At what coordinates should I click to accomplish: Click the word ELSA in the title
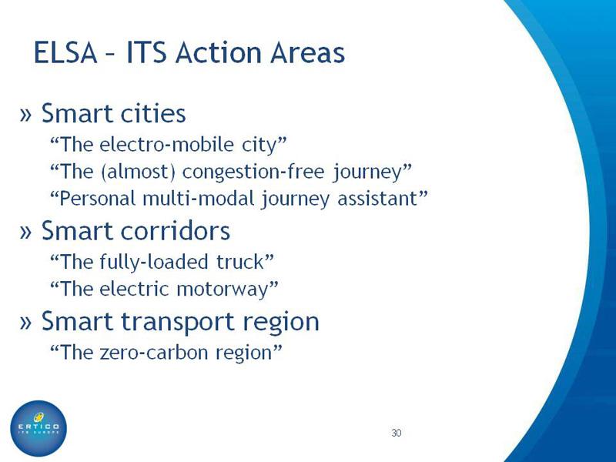pos(65,52)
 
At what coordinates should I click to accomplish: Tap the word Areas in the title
pos(307,52)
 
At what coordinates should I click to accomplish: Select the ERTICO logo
pos(38,428)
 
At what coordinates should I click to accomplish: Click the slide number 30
pos(396,433)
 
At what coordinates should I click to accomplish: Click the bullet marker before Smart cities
pos(25,114)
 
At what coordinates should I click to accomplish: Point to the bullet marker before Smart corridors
pos(25,232)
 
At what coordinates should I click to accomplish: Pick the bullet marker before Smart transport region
pos(25,322)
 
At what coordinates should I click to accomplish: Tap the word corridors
pos(176,230)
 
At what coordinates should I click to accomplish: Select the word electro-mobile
pos(166,144)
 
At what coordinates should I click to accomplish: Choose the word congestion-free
pos(254,172)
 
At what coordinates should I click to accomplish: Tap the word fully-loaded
pos(153,263)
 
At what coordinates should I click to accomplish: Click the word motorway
pos(223,290)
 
